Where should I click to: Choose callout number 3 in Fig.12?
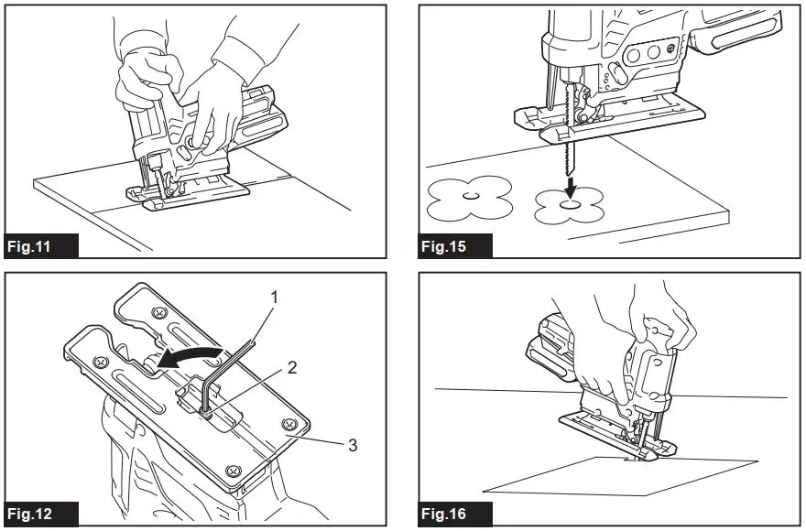352,445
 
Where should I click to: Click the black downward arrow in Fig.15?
570,189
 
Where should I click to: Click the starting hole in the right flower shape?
570,206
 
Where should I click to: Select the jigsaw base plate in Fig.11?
188,192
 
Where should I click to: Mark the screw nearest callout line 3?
291,425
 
